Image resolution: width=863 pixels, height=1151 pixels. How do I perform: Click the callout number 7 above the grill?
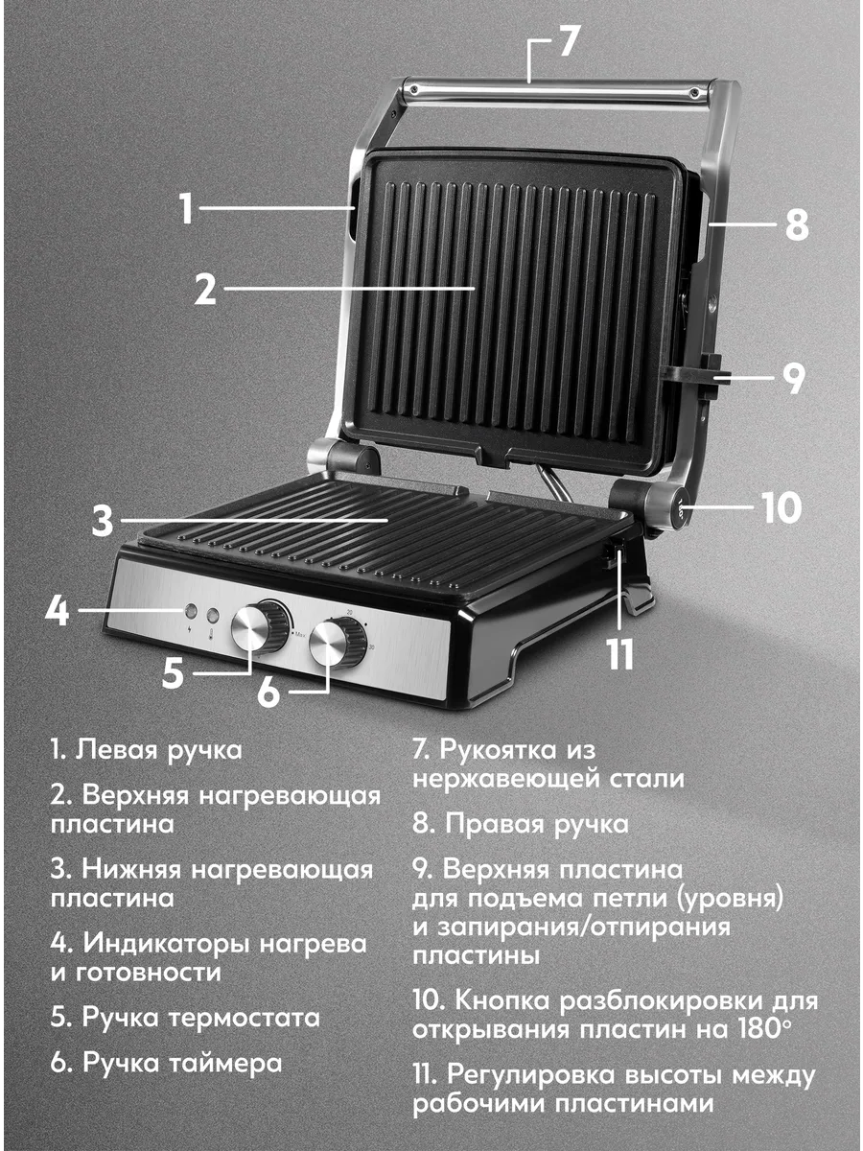(569, 40)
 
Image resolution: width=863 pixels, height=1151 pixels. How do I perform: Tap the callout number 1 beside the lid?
(187, 209)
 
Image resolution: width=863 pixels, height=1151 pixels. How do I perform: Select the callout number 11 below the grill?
(620, 654)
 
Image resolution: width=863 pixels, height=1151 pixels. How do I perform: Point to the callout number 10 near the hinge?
(781, 507)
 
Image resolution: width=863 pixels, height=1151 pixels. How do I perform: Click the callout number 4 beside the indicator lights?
(57, 610)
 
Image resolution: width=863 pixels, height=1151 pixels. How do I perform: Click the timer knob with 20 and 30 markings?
(337, 643)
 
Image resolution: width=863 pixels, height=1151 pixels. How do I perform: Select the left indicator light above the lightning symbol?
(190, 610)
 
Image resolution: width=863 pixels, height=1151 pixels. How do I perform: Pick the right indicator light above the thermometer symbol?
(213, 614)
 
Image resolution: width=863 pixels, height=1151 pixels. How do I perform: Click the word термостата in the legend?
(245, 1018)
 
